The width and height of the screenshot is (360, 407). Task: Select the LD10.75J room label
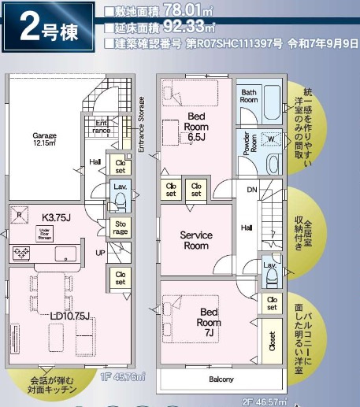(70, 316)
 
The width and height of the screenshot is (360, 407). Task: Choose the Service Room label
(196, 239)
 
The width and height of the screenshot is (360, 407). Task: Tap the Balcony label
(221, 379)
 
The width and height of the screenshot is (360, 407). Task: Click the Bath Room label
(249, 96)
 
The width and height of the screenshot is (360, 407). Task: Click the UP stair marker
(100, 253)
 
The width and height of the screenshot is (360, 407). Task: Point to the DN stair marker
(252, 190)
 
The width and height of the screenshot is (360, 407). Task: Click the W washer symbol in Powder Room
(271, 139)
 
